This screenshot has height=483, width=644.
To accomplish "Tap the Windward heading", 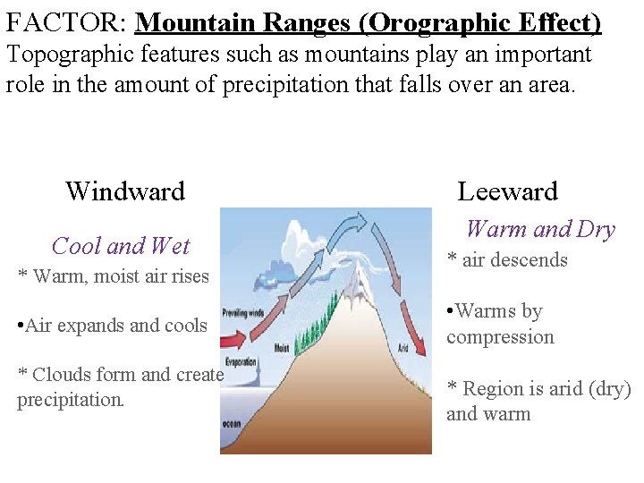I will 125,191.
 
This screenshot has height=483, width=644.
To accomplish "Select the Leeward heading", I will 507,191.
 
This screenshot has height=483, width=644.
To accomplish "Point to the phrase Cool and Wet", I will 121,245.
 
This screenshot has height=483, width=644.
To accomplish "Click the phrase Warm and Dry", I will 540,230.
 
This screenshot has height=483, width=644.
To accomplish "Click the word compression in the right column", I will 500,337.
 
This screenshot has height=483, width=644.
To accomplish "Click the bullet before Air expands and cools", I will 20,326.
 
